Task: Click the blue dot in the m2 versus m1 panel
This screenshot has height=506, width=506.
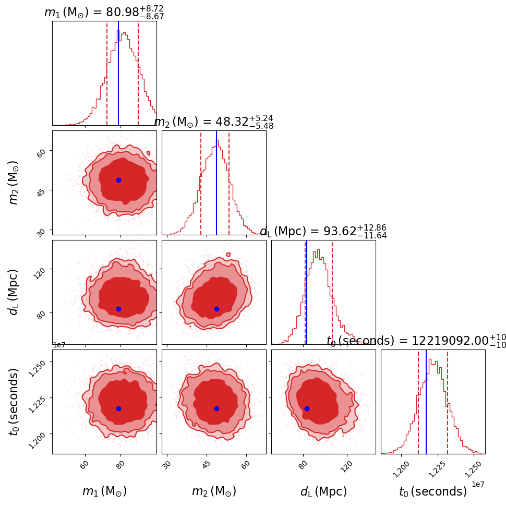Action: [x=118, y=180]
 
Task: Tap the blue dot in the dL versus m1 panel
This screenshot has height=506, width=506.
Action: [x=118, y=309]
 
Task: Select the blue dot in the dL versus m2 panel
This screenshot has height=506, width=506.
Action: [x=216, y=309]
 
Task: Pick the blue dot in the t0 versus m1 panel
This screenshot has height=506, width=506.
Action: [x=118, y=408]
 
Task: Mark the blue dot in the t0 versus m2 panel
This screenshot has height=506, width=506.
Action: [x=216, y=408]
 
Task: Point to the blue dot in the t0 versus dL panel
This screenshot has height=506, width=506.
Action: [x=307, y=408]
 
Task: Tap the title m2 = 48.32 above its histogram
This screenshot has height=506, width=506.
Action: [x=214, y=122]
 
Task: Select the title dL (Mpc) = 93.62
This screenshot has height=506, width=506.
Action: [x=323, y=232]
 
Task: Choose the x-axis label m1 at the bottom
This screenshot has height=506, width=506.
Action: [x=104, y=491]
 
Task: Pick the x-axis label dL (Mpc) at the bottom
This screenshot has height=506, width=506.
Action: [x=323, y=491]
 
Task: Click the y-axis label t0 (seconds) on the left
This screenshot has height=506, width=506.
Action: [x=14, y=402]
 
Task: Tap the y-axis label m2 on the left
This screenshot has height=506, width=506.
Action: [x=14, y=183]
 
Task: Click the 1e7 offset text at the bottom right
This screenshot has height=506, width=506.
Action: [x=478, y=484]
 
